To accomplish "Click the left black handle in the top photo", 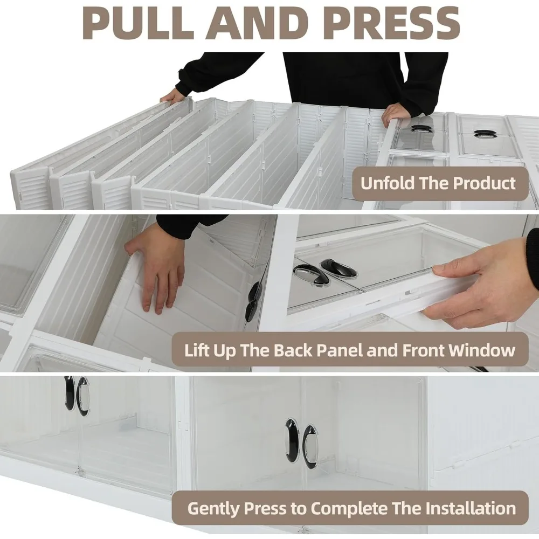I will (422, 129).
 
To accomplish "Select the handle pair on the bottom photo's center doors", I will (301, 442).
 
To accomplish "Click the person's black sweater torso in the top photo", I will (345, 75).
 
